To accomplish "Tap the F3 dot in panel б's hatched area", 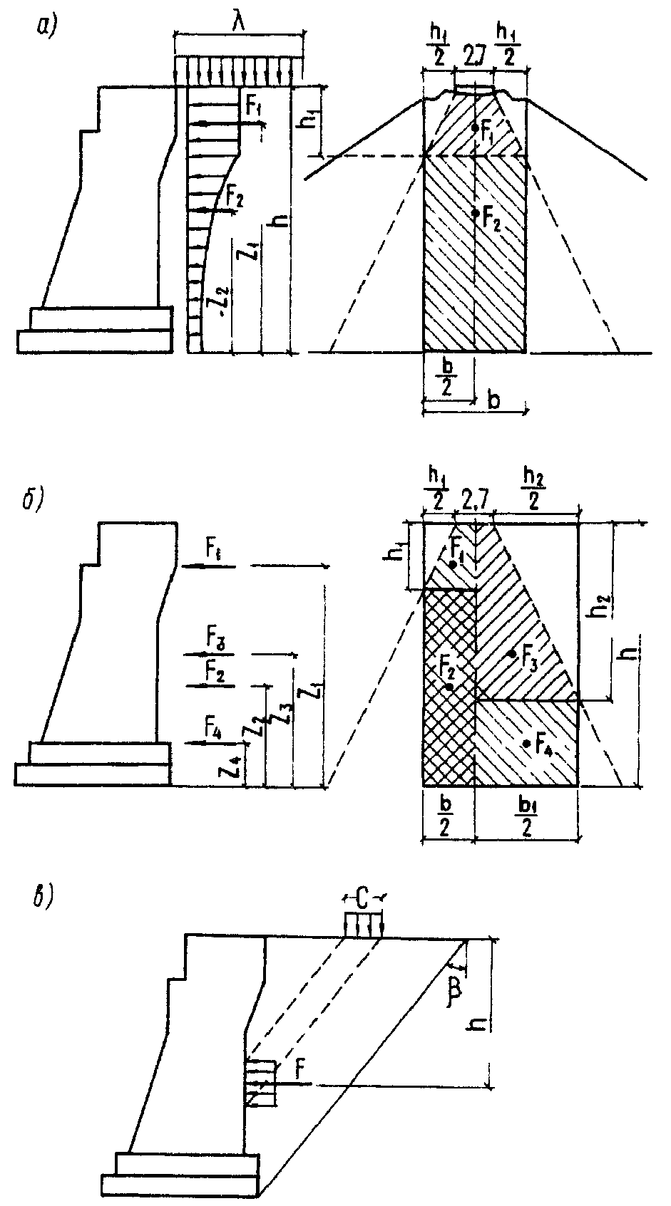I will tap(511, 653).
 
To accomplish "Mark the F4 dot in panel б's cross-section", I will tap(526, 743).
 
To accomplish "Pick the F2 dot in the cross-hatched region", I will tap(449, 686).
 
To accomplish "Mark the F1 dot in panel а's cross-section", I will tap(474, 128).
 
